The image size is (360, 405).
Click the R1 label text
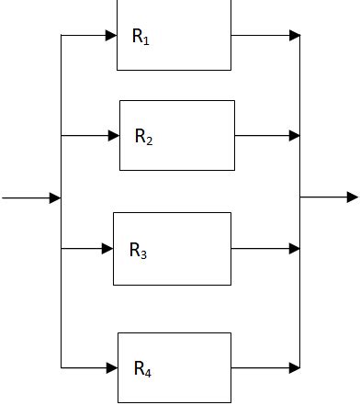point(141,38)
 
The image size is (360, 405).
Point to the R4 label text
point(142,370)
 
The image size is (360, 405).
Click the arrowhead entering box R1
point(111,36)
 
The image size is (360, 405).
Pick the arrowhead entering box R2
point(114,136)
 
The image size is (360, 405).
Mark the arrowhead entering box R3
point(107,249)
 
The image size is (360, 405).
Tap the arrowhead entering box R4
point(112,367)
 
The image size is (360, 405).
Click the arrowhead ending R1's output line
point(295,36)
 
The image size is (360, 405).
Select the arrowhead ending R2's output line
point(295,136)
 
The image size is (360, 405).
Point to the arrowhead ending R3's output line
point(295,249)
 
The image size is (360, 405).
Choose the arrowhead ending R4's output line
point(295,367)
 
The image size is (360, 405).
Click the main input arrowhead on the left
point(55,197)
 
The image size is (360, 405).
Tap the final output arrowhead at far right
point(353,197)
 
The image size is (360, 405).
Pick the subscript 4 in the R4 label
point(149,374)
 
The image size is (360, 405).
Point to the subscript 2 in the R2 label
point(150,141)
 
